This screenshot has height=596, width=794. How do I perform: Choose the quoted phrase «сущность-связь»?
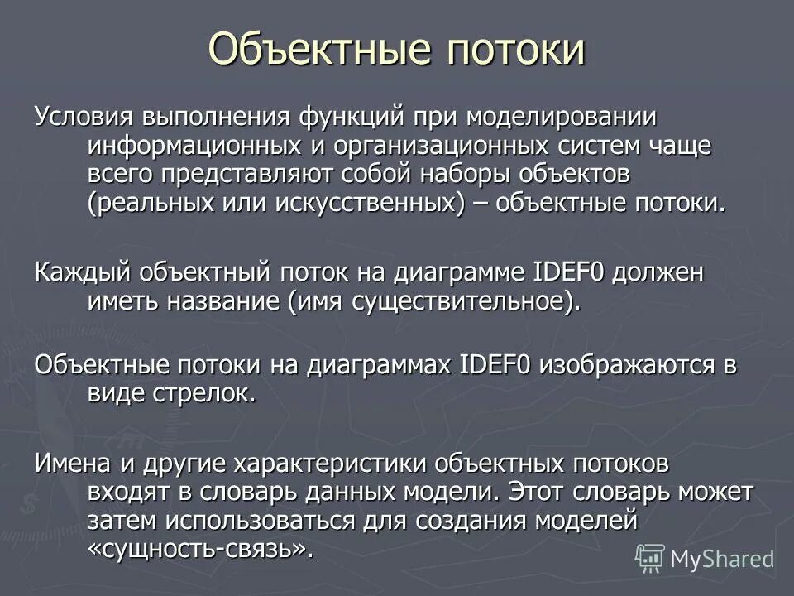[201, 550]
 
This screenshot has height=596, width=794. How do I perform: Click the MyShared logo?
[704, 558]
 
